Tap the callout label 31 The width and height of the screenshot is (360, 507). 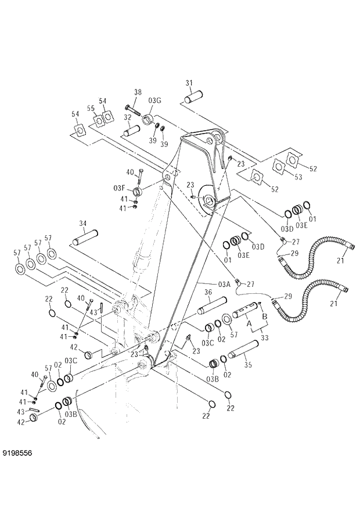point(189,82)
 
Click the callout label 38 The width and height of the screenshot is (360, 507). point(138,92)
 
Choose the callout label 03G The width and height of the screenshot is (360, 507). point(154,101)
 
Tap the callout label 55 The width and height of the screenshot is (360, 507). point(91,108)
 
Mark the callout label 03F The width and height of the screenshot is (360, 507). point(120,187)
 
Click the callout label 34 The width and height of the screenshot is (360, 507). point(82,223)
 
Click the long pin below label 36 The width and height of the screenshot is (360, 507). point(211,304)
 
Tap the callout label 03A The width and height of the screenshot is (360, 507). point(225,284)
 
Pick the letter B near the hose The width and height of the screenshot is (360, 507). point(265,317)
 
